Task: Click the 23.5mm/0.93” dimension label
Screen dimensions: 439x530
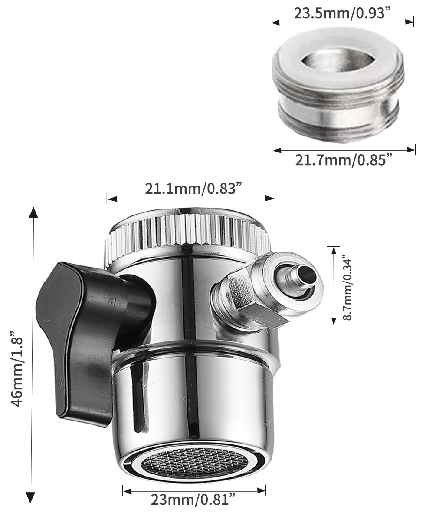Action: [x=342, y=13]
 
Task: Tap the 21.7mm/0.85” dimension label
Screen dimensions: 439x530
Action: [x=344, y=160]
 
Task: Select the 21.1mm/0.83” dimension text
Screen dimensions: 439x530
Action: [x=193, y=189]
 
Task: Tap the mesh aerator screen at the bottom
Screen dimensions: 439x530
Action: [x=194, y=463]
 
